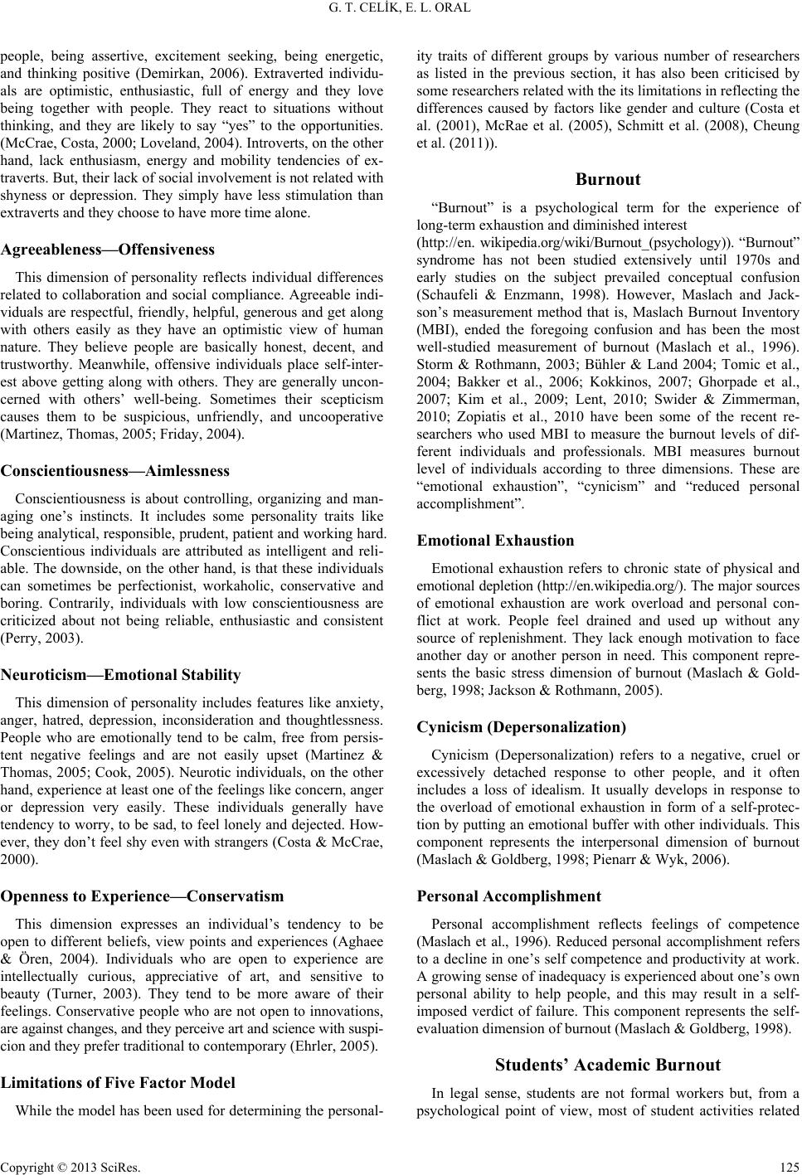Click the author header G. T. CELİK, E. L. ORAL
(x=401, y=11)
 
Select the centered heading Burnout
(x=607, y=178)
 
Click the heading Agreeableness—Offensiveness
(x=108, y=249)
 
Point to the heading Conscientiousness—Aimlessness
(x=115, y=470)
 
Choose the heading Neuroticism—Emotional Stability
(x=121, y=674)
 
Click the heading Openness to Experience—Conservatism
(x=142, y=896)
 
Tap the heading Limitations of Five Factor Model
(x=118, y=1105)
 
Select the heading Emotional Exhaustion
(x=495, y=541)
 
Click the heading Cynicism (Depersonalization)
(x=521, y=727)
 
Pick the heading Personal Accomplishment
(x=508, y=896)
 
